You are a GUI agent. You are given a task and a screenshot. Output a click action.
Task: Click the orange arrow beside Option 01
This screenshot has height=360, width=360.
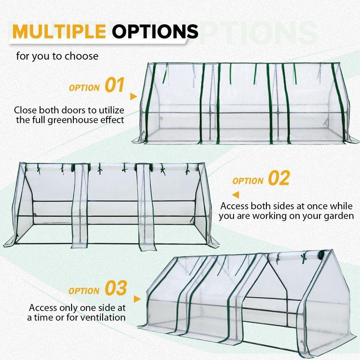[133, 96]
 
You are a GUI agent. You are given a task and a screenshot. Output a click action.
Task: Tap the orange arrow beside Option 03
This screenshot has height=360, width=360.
[137, 298]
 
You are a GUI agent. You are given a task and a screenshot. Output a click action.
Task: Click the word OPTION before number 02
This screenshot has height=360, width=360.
[247, 181]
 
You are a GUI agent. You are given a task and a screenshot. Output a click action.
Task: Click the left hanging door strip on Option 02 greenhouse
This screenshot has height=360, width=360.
[81, 207]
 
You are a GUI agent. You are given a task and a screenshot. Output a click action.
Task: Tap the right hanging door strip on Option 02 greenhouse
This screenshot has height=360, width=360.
[144, 207]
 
